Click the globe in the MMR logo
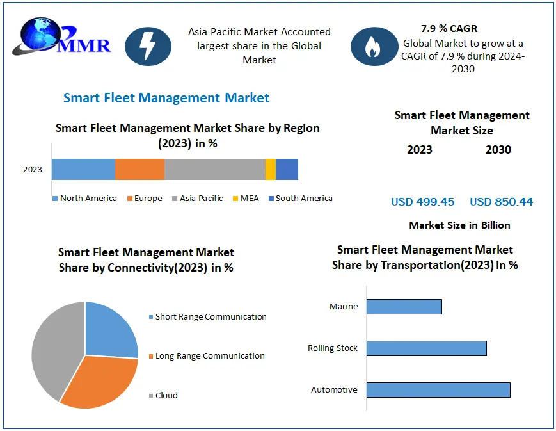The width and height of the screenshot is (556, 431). pos(40,35)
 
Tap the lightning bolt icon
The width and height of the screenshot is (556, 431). pos(148,47)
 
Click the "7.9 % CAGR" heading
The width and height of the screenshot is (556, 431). pos(449,28)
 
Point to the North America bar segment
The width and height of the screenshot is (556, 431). pos(83,169)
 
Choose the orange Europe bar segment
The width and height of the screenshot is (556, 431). pos(139,169)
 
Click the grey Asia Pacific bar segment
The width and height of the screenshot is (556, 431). pos(215,169)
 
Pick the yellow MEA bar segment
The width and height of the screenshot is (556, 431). pos(271,169)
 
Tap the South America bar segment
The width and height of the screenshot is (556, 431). pos(287,169)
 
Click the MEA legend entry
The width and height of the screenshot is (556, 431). pos(246,198)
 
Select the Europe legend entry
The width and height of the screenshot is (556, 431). pos(145,198)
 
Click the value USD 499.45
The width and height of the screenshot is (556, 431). pos(422,202)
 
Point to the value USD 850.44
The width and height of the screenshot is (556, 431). pos(501,202)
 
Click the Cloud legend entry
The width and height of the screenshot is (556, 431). pos(163,395)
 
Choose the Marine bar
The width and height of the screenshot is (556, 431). pos(404,307)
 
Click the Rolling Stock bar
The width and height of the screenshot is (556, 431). pos(427,348)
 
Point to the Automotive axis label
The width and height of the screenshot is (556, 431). pos(334,390)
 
